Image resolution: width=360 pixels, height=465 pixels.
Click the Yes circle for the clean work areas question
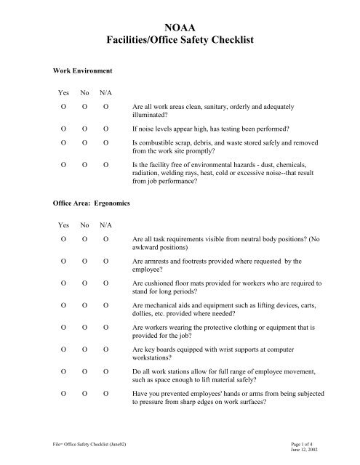64,107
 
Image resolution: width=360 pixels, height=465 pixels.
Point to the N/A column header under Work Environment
106,93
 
